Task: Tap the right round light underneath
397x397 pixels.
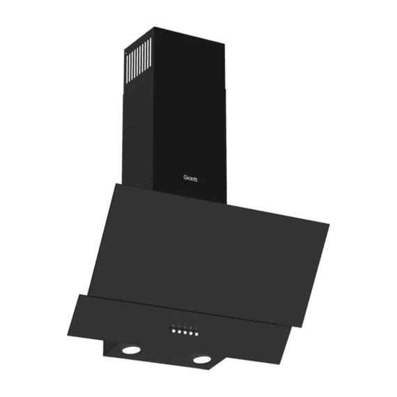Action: pyautogui.click(x=202, y=359)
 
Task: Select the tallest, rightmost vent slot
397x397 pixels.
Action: pyautogui.click(x=150, y=54)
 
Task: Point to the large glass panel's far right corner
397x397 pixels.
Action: pyautogui.click(x=328, y=225)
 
